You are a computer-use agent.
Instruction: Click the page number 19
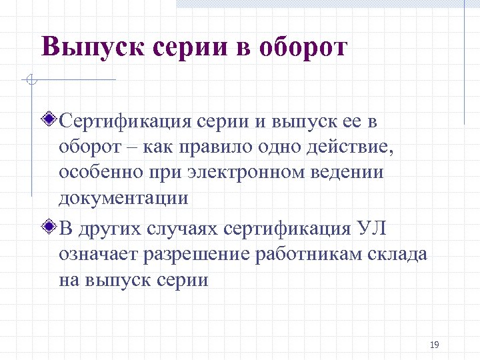[434, 345]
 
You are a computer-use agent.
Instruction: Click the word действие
[345, 147]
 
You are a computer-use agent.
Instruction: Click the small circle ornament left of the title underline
[29, 81]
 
